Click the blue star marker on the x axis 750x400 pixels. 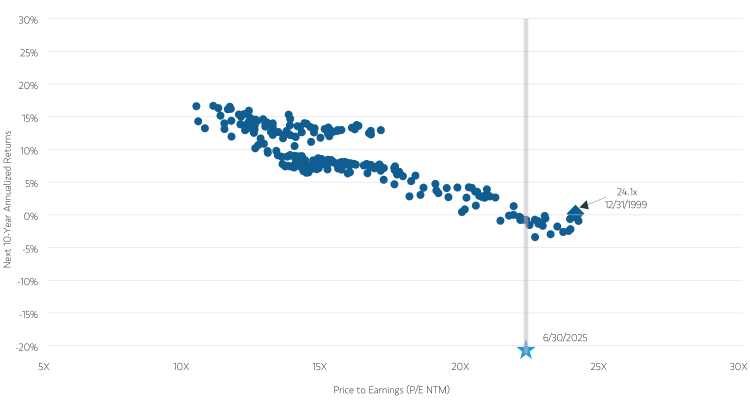525,349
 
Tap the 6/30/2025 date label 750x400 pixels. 565,338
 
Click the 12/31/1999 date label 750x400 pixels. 626,205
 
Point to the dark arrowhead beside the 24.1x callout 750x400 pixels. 584,204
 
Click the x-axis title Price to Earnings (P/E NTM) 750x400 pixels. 395,390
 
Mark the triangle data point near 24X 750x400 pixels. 575,211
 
